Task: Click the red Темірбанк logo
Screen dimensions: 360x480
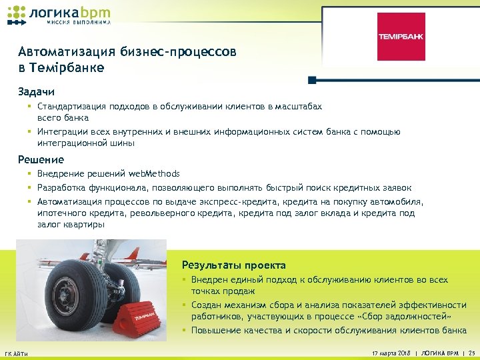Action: point(401,37)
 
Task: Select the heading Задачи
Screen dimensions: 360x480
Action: point(36,91)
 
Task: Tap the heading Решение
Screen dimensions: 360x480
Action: point(41,159)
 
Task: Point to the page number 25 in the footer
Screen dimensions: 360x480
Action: point(471,351)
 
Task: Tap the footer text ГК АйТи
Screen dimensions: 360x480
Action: point(16,353)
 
